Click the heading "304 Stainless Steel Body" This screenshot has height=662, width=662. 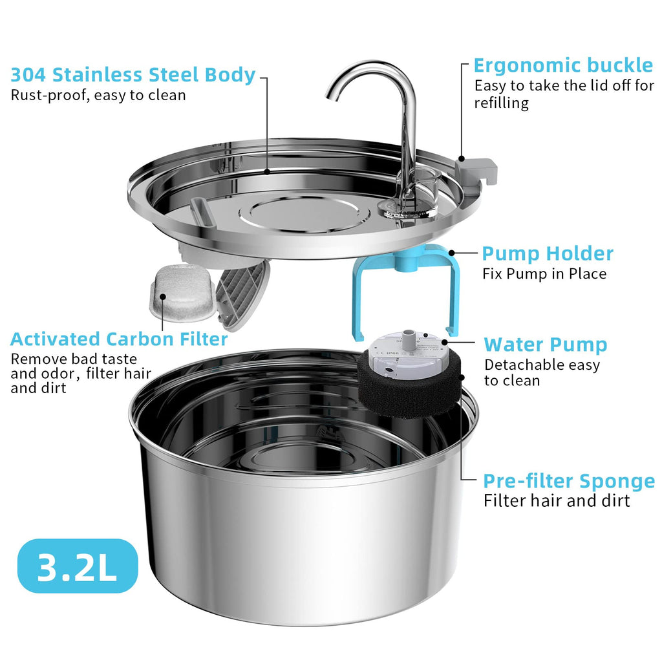click(x=133, y=74)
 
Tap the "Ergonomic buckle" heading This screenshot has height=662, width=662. click(x=562, y=65)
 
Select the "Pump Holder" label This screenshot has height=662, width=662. click(x=548, y=253)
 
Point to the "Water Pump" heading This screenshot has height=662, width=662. click(x=546, y=345)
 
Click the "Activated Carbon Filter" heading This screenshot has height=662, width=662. click(x=119, y=339)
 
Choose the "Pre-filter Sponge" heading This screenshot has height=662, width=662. click(x=569, y=481)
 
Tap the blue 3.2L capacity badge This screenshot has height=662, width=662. click(x=78, y=566)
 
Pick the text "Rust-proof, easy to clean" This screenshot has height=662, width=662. click(x=98, y=96)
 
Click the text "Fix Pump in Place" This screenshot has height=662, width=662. click(x=544, y=273)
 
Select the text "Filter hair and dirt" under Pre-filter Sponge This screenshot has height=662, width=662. click(x=557, y=500)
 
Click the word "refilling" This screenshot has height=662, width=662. click(x=502, y=103)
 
